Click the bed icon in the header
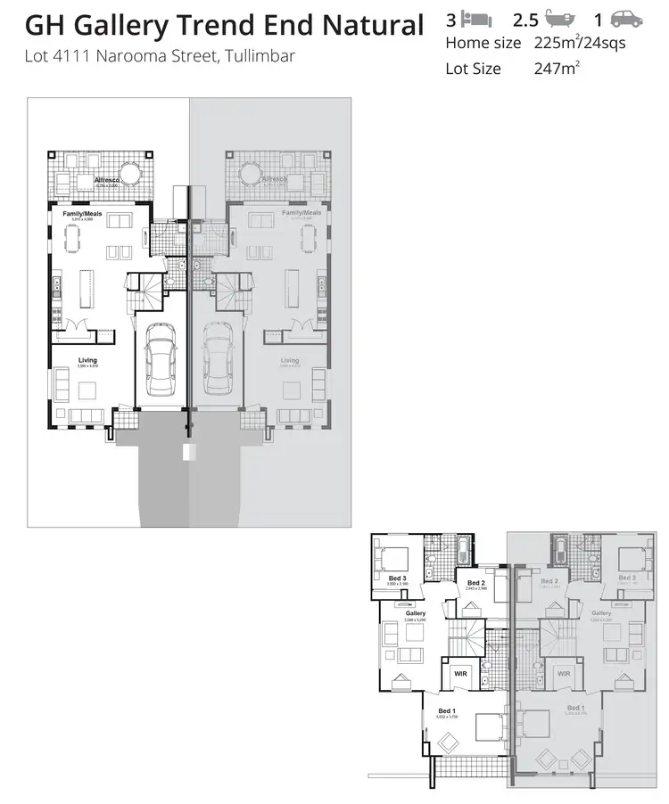click(x=475, y=20)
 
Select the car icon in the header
click(x=627, y=20)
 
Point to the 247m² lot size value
click(x=556, y=69)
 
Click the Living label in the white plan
click(x=87, y=360)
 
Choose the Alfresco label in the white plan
click(x=107, y=180)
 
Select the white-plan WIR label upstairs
click(x=460, y=674)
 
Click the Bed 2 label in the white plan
click(x=475, y=583)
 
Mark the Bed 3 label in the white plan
click(x=398, y=578)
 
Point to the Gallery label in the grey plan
click(x=600, y=613)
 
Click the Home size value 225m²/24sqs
click(x=572, y=42)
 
